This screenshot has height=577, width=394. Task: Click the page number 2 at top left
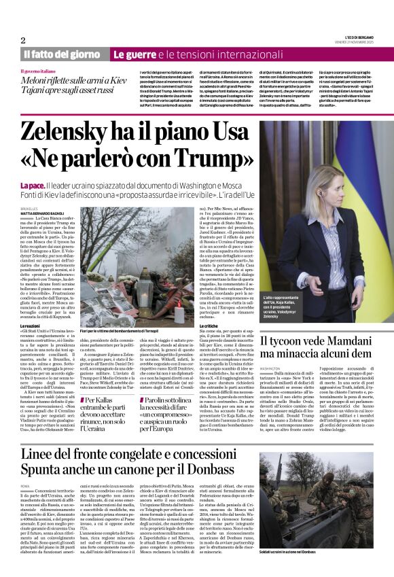(23, 40)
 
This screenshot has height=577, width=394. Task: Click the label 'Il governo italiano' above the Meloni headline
(38, 71)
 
